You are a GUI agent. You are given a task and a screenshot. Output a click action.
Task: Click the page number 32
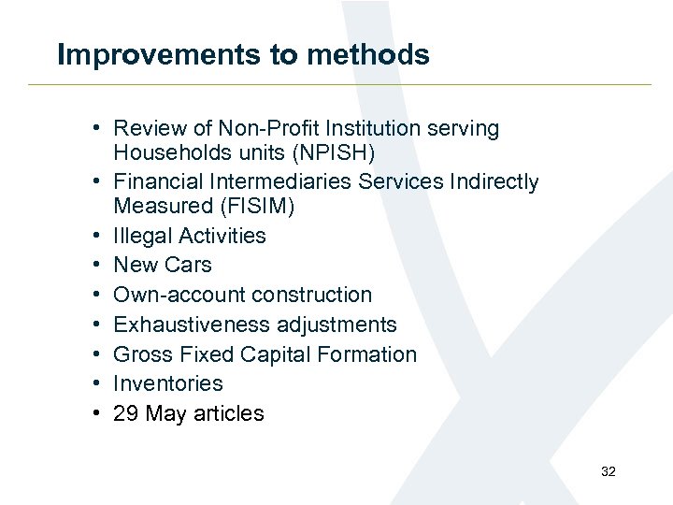tap(609, 472)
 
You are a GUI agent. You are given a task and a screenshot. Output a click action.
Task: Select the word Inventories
tap(168, 383)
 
